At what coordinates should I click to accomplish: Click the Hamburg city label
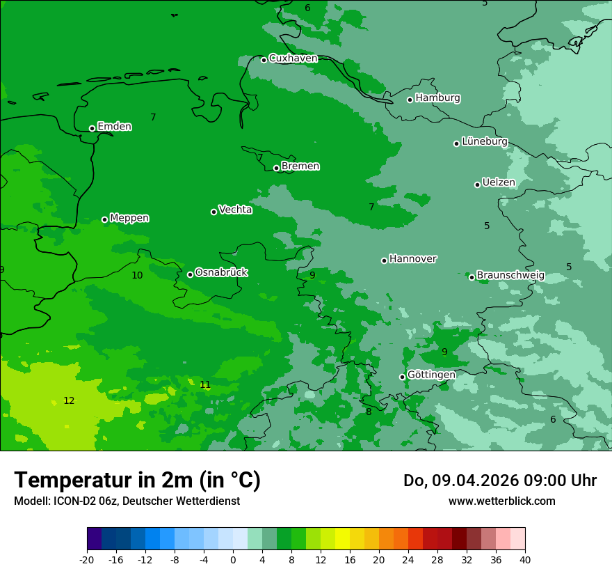point(437,98)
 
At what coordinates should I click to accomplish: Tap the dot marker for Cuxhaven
point(264,60)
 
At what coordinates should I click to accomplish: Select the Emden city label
point(114,127)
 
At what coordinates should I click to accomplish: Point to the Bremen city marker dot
point(276,168)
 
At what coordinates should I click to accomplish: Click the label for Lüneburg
point(484,142)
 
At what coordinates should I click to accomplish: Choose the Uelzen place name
point(499,183)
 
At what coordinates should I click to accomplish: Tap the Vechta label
point(235,210)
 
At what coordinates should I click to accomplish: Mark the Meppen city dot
point(104,219)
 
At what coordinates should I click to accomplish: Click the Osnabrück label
point(221,272)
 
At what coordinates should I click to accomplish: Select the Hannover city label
point(412,259)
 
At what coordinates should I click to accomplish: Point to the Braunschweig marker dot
point(472,277)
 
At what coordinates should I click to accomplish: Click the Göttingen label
point(431,375)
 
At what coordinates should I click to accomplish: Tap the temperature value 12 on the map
point(69,400)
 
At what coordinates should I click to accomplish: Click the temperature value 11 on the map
point(205,385)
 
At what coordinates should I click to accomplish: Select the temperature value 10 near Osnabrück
point(137,276)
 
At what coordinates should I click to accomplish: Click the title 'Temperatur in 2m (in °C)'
point(137,480)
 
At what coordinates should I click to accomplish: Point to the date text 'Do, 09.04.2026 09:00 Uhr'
point(499,481)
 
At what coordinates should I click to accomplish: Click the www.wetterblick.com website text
point(501,501)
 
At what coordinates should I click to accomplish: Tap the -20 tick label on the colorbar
point(87,559)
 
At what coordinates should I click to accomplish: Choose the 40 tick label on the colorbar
point(525,559)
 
